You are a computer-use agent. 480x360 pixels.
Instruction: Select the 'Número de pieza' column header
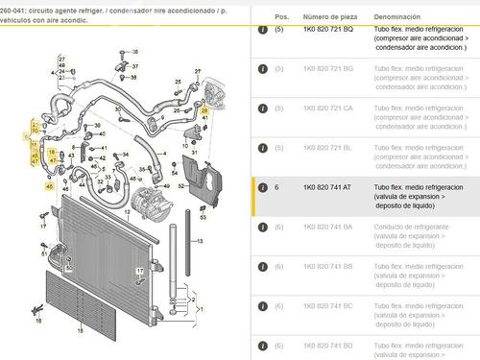pos(327,17)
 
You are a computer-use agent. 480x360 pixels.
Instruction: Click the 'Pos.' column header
pos(281,17)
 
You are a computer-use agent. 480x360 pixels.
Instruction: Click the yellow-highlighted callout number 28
pos(204,112)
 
